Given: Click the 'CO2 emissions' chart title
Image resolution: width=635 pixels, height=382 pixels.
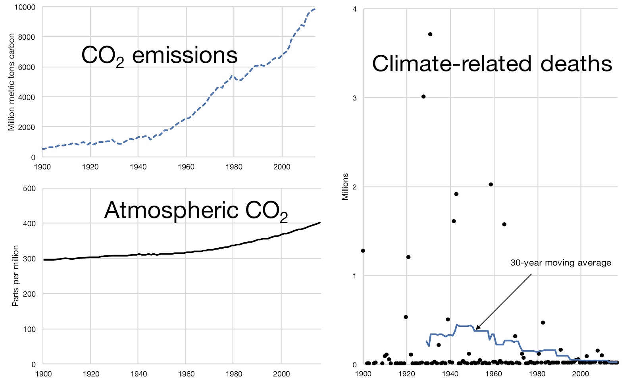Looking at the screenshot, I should tap(159, 56).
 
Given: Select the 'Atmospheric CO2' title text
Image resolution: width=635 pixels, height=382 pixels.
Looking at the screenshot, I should tap(196, 210).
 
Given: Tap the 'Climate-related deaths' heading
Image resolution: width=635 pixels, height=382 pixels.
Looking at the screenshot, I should tap(492, 64).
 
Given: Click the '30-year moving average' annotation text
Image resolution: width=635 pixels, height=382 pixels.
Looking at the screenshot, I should tap(560, 263).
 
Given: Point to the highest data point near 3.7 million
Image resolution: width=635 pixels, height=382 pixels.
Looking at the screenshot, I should tap(430, 34).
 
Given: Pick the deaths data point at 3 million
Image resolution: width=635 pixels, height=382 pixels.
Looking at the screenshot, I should tap(423, 96).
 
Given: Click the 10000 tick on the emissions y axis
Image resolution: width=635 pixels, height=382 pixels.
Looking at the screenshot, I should tap(25, 7).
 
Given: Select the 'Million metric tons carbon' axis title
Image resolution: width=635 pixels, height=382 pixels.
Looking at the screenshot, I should tap(11, 82).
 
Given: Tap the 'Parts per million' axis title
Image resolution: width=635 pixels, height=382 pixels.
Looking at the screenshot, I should tap(15, 276).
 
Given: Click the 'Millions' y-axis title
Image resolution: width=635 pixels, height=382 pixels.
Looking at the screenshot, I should tap(345, 187).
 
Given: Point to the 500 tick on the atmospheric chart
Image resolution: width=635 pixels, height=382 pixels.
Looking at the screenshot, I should tap(29, 188).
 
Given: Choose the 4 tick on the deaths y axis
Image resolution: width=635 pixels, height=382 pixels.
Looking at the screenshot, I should tap(354, 9).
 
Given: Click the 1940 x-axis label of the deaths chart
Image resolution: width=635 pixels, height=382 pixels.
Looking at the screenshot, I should tap(450, 374).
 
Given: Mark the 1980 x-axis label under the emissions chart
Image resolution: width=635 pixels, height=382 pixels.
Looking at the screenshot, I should tap(234, 167).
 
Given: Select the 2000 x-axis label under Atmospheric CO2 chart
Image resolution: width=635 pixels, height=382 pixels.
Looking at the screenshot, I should tap(281, 374).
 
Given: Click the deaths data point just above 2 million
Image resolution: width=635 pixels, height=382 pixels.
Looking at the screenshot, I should tap(491, 184).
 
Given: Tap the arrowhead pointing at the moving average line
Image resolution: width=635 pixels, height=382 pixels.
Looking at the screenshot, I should tap(477, 328).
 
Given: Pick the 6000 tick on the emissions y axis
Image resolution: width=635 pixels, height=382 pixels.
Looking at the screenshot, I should tap(27, 67).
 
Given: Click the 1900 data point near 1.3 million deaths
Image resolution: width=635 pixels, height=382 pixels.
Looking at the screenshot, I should tap(363, 251).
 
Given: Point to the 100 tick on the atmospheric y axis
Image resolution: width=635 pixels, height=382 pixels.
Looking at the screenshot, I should tap(29, 329).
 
